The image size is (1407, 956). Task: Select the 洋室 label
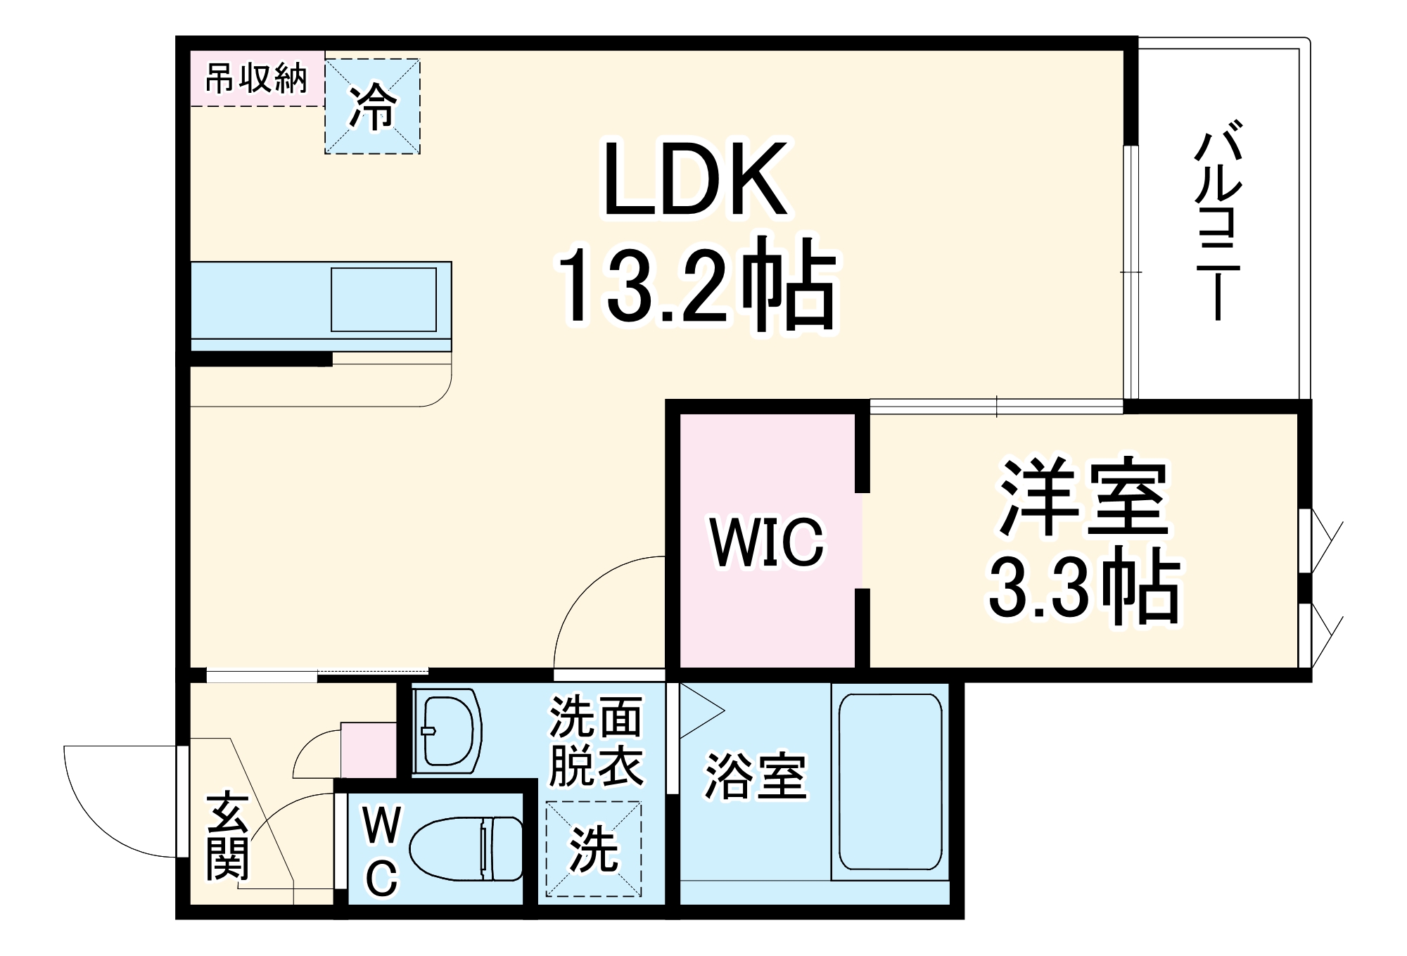[1084, 497]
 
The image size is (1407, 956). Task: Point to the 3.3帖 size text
[1084, 588]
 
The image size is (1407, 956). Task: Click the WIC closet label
[767, 542]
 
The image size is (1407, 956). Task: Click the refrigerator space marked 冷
[372, 106]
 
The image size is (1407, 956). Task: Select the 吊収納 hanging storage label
[256, 78]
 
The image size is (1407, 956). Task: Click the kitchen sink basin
[383, 299]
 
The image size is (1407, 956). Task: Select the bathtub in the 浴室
[890, 782]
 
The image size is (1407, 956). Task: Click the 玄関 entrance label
[227, 837]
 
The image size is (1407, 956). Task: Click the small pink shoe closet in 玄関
[369, 750]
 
